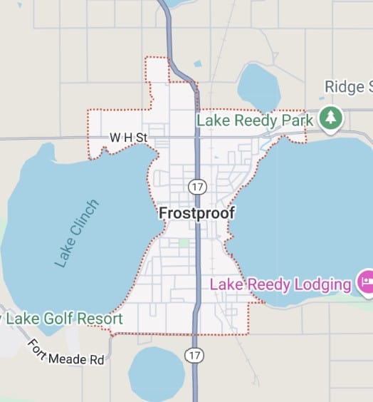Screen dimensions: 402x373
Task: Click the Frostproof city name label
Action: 196,213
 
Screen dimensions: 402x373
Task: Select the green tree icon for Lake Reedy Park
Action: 330,118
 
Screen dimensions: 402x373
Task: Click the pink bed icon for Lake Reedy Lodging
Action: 365,283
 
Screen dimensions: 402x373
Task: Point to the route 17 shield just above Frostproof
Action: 197,187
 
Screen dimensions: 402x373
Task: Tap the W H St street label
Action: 127,137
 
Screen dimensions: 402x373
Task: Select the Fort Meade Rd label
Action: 66,353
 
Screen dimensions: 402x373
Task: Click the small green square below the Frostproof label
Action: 184,244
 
